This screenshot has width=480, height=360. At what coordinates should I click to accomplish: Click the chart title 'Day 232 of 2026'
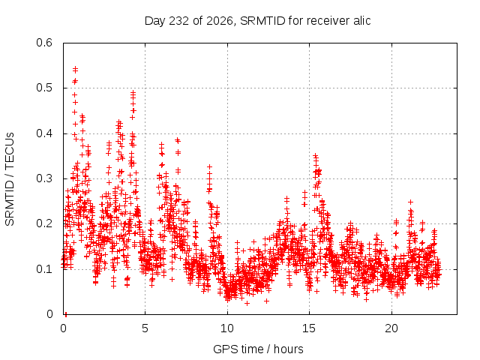pos(189,21)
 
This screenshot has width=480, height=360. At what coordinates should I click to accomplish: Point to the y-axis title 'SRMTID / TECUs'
pos(10,178)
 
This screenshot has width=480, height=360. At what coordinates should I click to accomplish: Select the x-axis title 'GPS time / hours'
pos(258,349)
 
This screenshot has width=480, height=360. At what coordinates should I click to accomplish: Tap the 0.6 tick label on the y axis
pos(44,43)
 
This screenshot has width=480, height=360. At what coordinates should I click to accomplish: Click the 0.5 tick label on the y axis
pos(44,88)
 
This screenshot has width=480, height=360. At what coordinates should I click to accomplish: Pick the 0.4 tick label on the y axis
pos(44,133)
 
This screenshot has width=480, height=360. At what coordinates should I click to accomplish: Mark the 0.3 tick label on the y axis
pos(44,178)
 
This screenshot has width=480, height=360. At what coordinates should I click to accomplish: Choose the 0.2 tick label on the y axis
pos(44,223)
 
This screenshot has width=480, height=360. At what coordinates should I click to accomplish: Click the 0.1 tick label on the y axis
pos(44,269)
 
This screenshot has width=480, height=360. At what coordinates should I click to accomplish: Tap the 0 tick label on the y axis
pos(49,314)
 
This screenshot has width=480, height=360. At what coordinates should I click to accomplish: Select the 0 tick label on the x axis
pos(63,328)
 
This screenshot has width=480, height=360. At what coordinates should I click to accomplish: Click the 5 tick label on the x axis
pos(145,328)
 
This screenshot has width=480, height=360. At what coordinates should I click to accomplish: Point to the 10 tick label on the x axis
pos(227,328)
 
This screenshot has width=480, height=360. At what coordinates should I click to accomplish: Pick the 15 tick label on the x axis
pos(309,328)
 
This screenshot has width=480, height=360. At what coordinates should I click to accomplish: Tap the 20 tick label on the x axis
pos(391,328)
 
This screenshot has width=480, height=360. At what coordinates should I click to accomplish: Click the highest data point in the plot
pos(75,68)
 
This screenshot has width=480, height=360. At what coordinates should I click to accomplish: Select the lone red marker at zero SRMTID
pos(66,314)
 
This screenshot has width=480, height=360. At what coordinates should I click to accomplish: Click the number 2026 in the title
pos(220,20)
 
